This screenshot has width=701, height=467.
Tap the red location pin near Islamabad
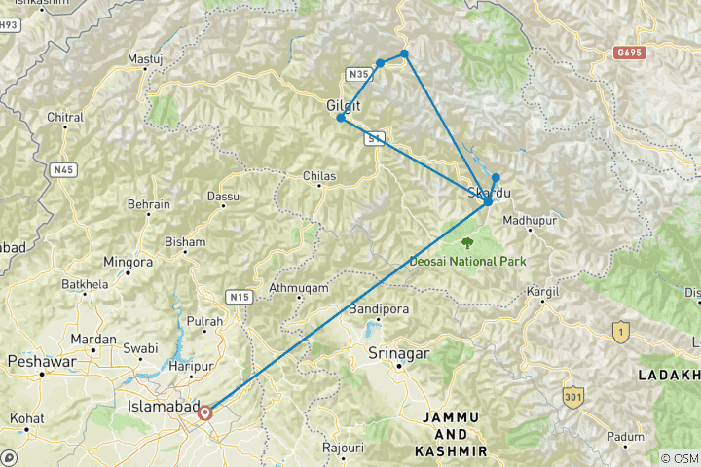(204, 413)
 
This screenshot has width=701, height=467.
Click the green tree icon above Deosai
(468, 242)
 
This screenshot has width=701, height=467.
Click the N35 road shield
(357, 74)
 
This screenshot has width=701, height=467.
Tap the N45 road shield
(64, 170)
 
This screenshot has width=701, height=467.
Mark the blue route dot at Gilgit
(340, 118)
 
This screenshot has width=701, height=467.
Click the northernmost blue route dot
(403, 53)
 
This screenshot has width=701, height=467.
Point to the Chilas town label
(318, 176)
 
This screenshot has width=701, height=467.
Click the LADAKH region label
(668, 375)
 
